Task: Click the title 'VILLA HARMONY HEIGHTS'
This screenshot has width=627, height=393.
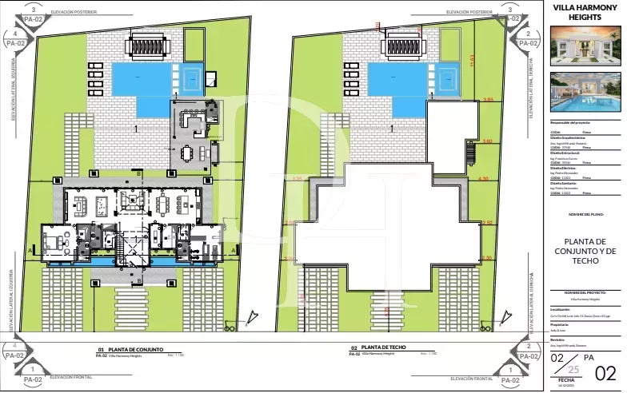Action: (587, 12)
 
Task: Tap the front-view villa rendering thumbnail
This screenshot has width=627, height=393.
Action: (587, 45)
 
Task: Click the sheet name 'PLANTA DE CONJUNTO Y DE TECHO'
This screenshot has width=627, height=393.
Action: (590, 251)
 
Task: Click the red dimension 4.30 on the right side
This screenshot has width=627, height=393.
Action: (483, 179)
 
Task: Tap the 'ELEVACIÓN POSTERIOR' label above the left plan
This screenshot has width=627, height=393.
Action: (73, 13)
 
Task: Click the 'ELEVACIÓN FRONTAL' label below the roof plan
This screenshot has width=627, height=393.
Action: (471, 378)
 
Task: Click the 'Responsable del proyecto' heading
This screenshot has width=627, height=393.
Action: (571, 122)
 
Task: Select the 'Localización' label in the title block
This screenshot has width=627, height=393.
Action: (561, 309)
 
